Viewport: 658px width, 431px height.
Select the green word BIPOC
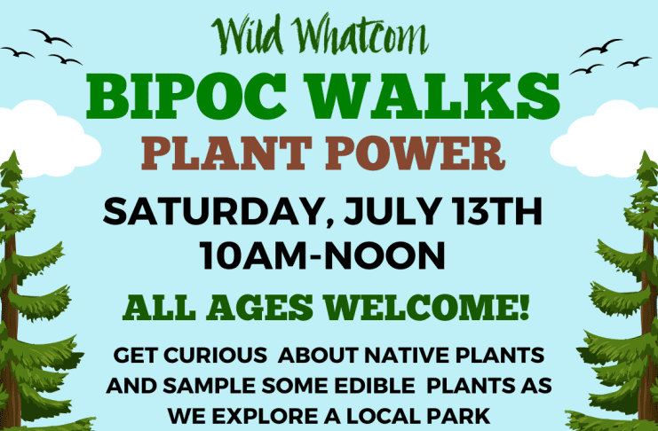pos(187,97)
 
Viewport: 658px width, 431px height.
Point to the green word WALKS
pos(435,97)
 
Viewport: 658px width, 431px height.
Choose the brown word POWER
pos(416,153)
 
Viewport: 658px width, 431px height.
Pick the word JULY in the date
pos(392,212)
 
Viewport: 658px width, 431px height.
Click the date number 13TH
pos(498,212)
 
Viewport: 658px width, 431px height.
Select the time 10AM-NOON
pos(322,255)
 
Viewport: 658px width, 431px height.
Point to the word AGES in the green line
pos(260,308)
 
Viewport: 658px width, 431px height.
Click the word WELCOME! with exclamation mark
pos(427,308)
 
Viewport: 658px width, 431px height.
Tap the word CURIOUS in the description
pos(215,356)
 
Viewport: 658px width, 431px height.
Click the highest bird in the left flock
pos(51,37)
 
